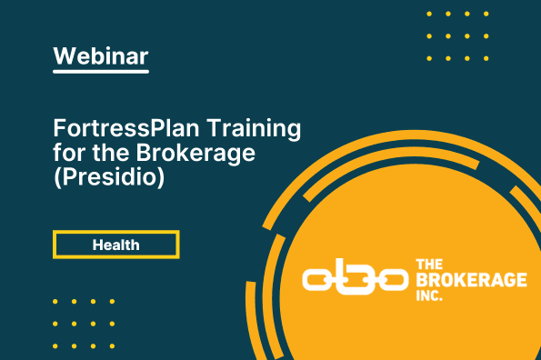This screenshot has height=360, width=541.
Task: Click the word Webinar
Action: click(x=101, y=55)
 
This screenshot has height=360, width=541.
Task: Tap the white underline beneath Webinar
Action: click(x=101, y=72)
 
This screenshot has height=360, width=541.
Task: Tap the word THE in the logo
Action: click(x=429, y=265)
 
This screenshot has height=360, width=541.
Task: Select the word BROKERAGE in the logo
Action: click(x=471, y=280)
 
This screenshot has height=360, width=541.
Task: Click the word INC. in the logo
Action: click(x=429, y=295)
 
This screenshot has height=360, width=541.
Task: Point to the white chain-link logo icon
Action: click(x=355, y=280)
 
